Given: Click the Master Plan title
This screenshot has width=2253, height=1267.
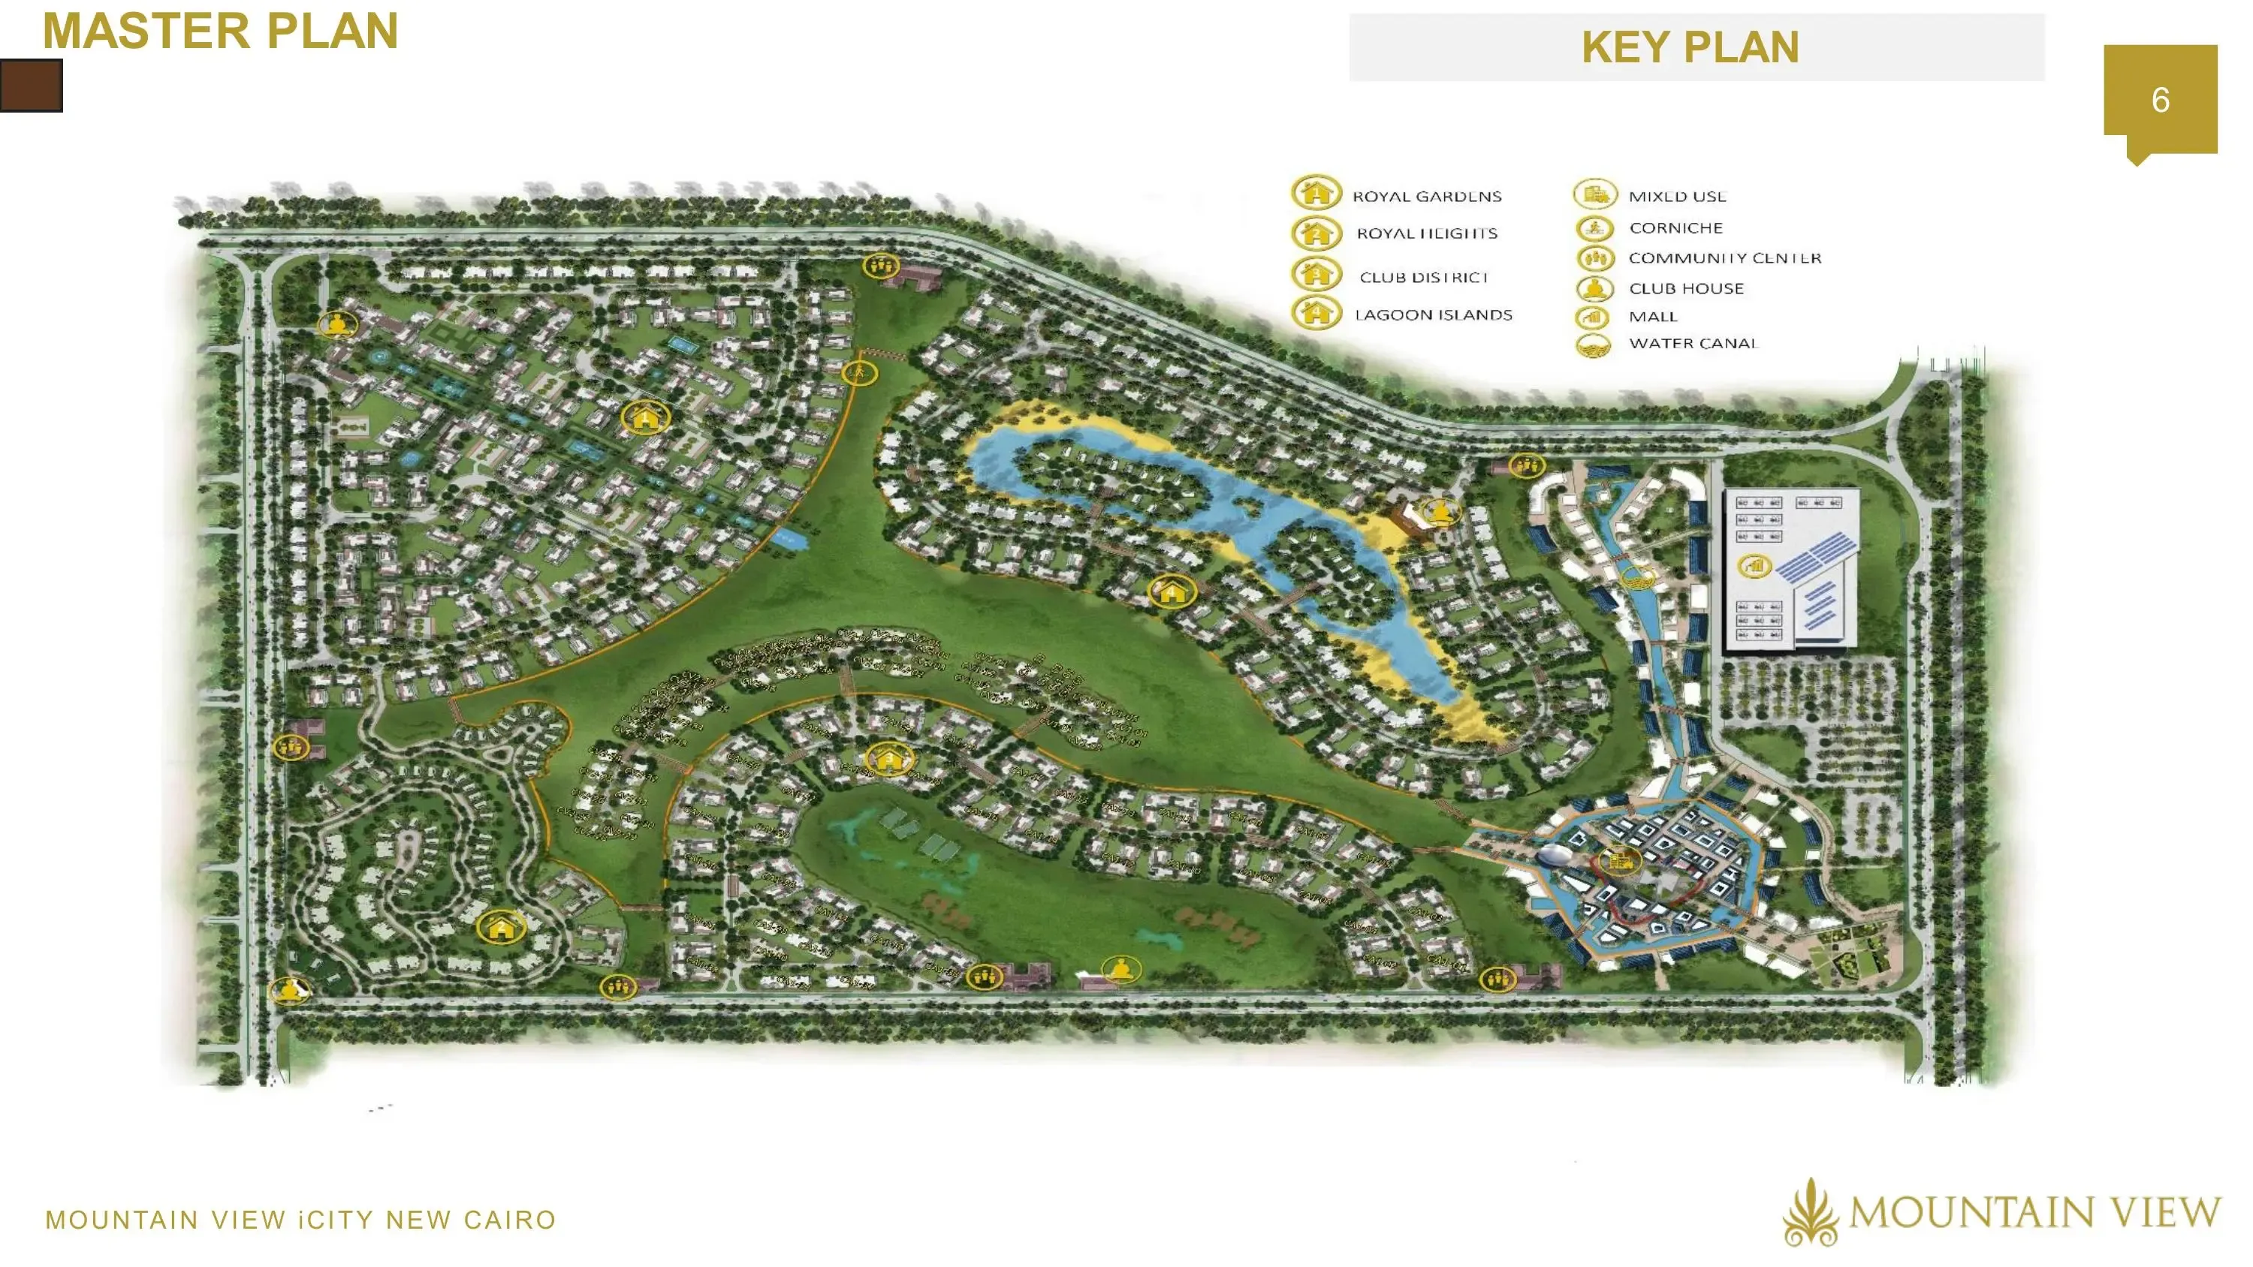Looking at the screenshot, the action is pos(220,32).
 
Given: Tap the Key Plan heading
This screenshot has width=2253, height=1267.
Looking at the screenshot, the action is pos(1690,47).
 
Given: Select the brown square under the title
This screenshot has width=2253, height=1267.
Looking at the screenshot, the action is pos(32,86).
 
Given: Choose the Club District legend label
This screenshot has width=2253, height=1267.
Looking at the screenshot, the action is pos(1423,277).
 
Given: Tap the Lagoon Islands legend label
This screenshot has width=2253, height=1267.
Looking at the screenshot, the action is pos(1433,314).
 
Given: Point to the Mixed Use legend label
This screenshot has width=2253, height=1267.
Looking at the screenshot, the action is pos(1677,197).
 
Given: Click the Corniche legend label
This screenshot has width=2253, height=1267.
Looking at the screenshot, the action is pos(1675,228).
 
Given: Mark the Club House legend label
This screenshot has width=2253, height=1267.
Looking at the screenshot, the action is pos(1685,288).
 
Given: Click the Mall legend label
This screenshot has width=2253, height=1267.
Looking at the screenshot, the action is pos(1652,317).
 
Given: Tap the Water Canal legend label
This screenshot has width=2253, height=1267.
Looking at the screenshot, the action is pos(1692,344).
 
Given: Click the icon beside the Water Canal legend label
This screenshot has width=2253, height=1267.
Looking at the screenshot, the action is pos(1594,345).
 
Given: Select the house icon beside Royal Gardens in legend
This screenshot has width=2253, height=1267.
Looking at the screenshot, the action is pos(1316,192).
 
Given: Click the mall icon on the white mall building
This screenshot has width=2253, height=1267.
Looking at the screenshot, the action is pos(1754,566).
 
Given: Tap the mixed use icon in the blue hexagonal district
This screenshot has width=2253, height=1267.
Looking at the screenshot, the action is pos(1619,860).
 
